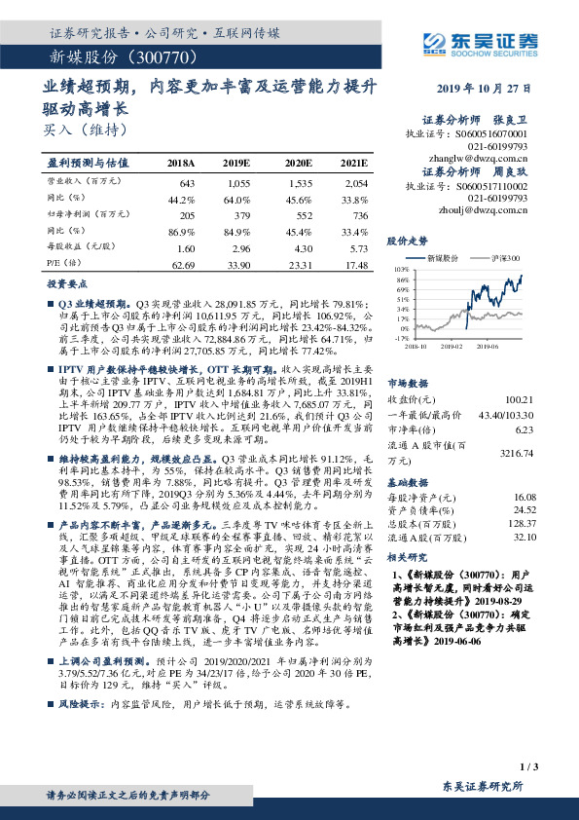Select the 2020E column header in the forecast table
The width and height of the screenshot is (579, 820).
coord(300,163)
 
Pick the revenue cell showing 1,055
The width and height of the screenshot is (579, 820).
coord(237,183)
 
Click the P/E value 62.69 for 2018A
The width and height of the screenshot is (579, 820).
coord(183,264)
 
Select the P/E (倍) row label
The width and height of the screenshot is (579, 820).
coord(60,264)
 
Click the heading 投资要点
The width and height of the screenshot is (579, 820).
coord(66,285)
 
